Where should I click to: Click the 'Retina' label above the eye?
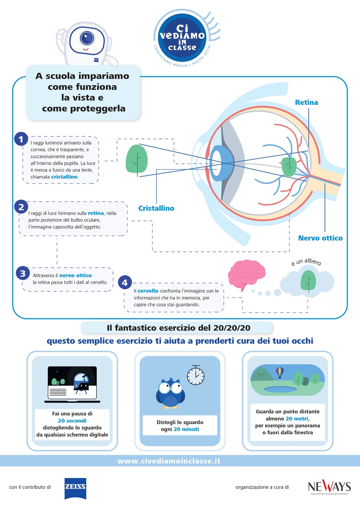pyautogui.click(x=306, y=103)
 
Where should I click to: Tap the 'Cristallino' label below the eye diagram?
pyautogui.click(x=156, y=208)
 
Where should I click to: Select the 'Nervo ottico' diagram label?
pyautogui.click(x=320, y=238)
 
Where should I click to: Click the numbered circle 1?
pyautogui.click(x=21, y=139)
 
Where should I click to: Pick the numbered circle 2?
pyautogui.click(x=21, y=207)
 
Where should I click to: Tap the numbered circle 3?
pyautogui.click(x=23, y=273)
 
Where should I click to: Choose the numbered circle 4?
pyautogui.click(x=125, y=283)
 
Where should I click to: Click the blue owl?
pyautogui.click(x=170, y=393)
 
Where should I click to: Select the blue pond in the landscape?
pyautogui.click(x=280, y=389)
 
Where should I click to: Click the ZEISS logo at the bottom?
pyautogui.click(x=75, y=488)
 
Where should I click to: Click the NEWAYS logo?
pyautogui.click(x=329, y=487)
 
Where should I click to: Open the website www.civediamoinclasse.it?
pyautogui.click(x=169, y=461)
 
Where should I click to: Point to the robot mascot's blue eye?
pyautogui.click(x=87, y=37)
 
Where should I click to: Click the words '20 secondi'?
pyautogui.click(x=72, y=421)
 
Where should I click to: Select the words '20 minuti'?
pyautogui.click(x=186, y=429)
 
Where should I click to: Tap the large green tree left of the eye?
pyautogui.click(x=136, y=159)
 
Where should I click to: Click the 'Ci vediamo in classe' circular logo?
pyautogui.click(x=182, y=37)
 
